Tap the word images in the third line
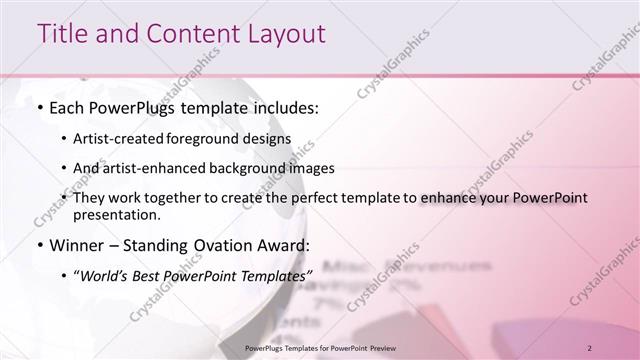[x=313, y=168]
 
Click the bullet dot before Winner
[x=39, y=244]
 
